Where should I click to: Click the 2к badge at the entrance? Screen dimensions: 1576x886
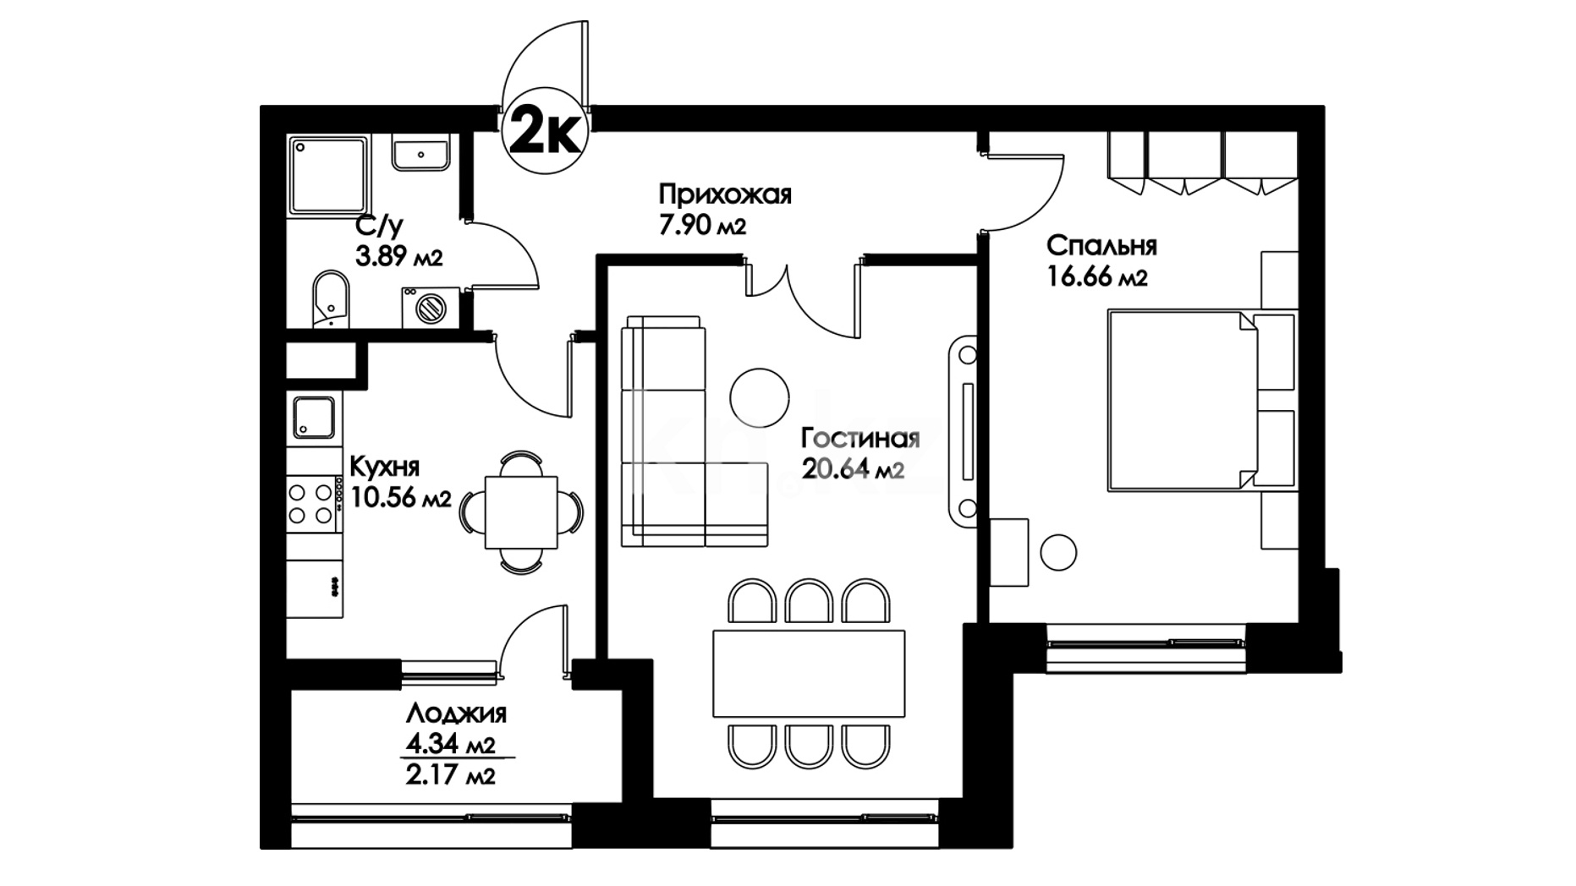pyautogui.click(x=544, y=133)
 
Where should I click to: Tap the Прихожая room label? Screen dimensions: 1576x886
pyautogui.click(x=725, y=195)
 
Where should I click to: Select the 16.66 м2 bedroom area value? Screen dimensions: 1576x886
pyautogui.click(x=1097, y=276)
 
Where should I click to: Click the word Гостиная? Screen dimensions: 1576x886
pyautogui.click(x=860, y=439)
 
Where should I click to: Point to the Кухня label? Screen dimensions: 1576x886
pyautogui.click(x=384, y=467)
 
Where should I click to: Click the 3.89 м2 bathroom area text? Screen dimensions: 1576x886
pyautogui.click(x=399, y=255)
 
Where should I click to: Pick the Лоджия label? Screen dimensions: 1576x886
pyautogui.click(x=456, y=714)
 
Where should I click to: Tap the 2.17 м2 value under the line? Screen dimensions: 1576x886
pyautogui.click(x=449, y=774)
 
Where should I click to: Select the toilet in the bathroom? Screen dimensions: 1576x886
pyautogui.click(x=331, y=298)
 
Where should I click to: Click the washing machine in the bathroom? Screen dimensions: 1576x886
pyautogui.click(x=431, y=307)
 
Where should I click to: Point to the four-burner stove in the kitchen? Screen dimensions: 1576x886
pyautogui.click(x=312, y=504)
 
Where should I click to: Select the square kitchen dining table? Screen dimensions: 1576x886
pyautogui.click(x=521, y=512)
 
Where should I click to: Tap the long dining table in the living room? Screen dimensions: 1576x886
pyautogui.click(x=809, y=673)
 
